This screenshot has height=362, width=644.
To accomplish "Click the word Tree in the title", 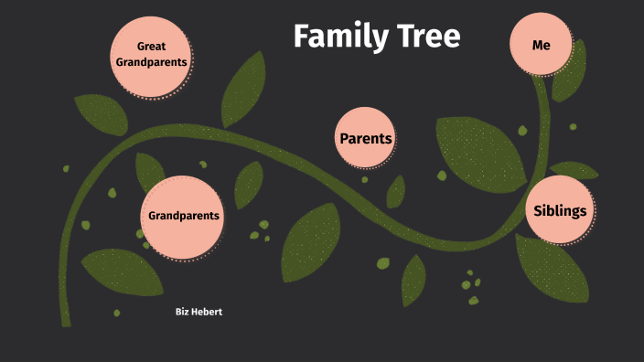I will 428,37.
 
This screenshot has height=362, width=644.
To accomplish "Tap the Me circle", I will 541,44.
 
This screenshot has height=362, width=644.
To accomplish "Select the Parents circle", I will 365,139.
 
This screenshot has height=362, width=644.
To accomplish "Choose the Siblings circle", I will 559,211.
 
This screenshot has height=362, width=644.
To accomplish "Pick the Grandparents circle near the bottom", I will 184,216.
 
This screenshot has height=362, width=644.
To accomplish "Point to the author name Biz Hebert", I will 199,312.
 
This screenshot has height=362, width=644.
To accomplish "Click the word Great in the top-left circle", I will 151,46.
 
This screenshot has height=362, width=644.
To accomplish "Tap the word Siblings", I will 559,211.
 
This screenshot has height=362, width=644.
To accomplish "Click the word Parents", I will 365,139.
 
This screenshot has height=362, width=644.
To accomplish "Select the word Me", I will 541,44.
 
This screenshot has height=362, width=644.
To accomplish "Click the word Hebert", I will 207,312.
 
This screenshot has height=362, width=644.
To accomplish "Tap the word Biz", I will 182,312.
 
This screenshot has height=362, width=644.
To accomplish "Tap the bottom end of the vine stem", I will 65,321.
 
